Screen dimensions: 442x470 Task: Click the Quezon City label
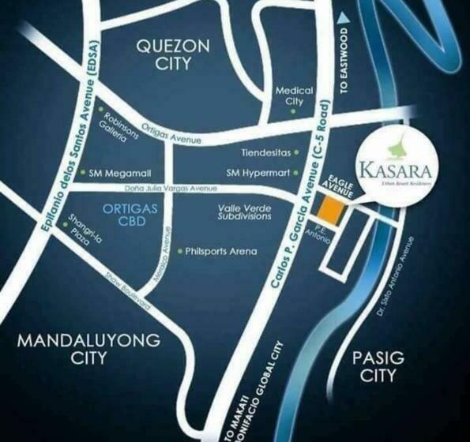173,54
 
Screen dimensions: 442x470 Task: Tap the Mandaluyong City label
88,348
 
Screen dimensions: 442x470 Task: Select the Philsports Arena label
221,252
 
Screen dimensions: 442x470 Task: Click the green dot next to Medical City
294,111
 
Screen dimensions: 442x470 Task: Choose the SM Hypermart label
257,172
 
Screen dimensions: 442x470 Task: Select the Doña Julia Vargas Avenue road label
149,189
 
